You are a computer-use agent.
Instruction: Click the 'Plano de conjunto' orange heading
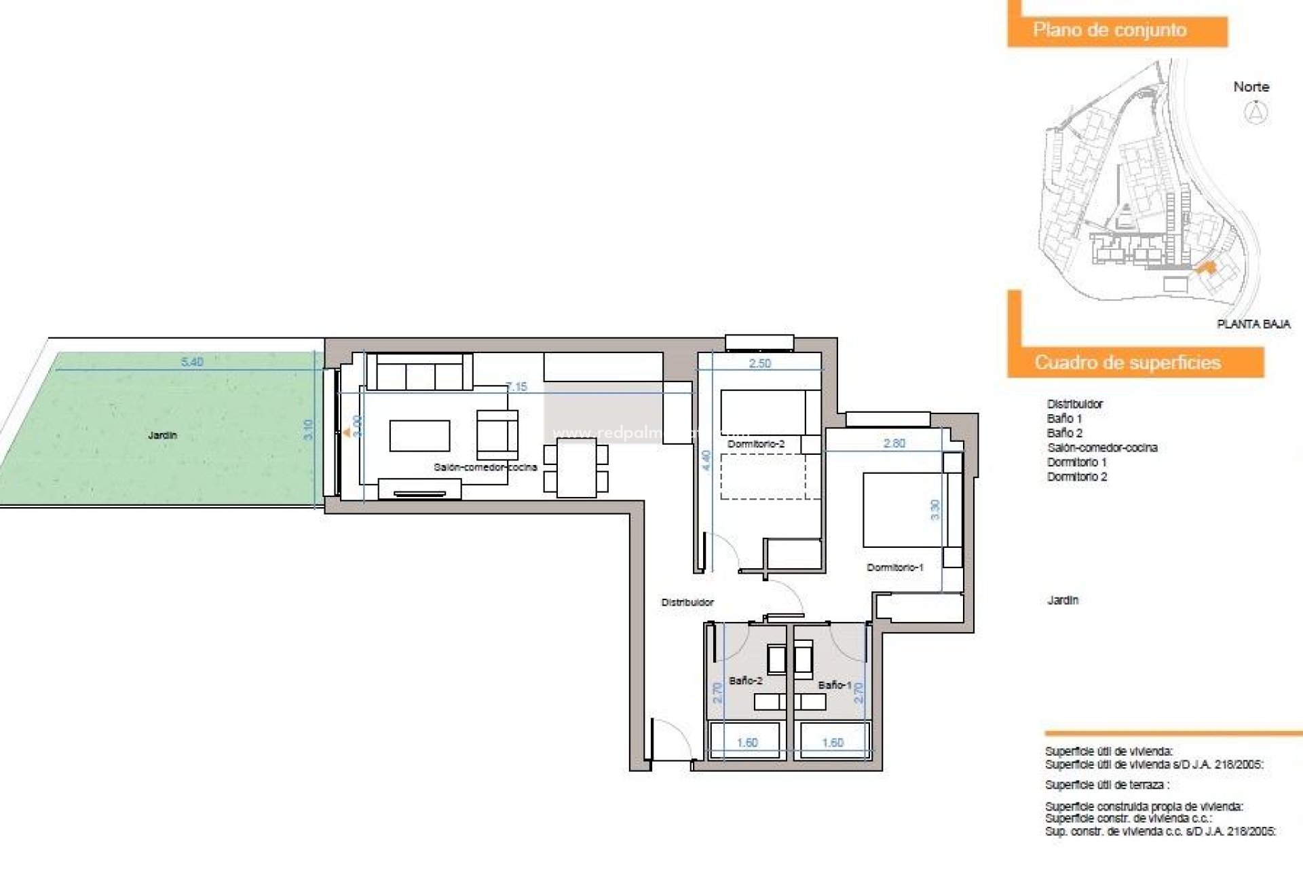tap(1110, 30)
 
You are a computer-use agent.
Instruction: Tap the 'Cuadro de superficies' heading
tap(1127, 363)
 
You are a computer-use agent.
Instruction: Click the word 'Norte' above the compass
tap(1251, 87)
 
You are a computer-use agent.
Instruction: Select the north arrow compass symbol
tap(1255, 112)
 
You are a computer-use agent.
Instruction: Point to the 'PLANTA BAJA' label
tap(1253, 325)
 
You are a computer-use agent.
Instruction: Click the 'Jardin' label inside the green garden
tap(162, 435)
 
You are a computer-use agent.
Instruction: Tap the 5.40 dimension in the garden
tap(192, 362)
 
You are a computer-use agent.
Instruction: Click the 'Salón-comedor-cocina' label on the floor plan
tap(485, 467)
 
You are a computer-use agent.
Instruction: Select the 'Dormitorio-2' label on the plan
tap(756, 444)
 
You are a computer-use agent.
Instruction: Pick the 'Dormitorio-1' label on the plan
tap(894, 568)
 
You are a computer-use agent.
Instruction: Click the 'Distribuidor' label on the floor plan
tap(687, 602)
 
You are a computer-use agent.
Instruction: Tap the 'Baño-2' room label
tap(745, 680)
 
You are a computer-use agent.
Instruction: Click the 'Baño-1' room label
tap(834, 685)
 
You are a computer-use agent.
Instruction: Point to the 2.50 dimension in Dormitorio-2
tap(759, 364)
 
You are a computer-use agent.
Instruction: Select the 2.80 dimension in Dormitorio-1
tap(894, 443)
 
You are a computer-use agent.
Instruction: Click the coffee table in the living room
tap(419, 436)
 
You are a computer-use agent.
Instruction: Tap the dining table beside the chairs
tap(576, 468)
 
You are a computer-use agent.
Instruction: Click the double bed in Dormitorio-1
tap(903, 510)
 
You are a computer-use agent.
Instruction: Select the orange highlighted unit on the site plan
tap(1206, 268)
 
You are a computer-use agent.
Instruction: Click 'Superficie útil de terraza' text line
tap(1107, 785)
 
